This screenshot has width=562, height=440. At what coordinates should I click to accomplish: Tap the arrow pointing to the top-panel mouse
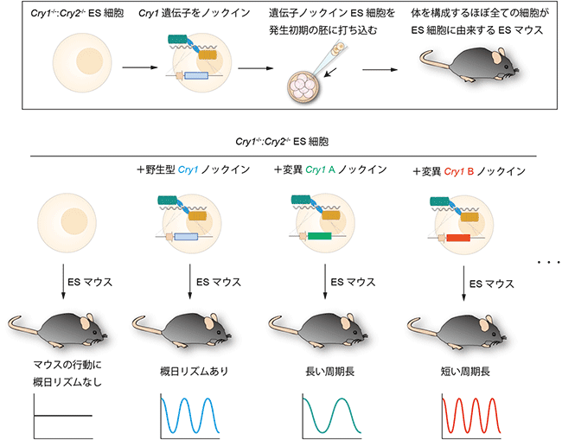(380, 69)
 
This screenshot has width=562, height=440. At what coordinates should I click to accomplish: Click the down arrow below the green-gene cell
(326, 280)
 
